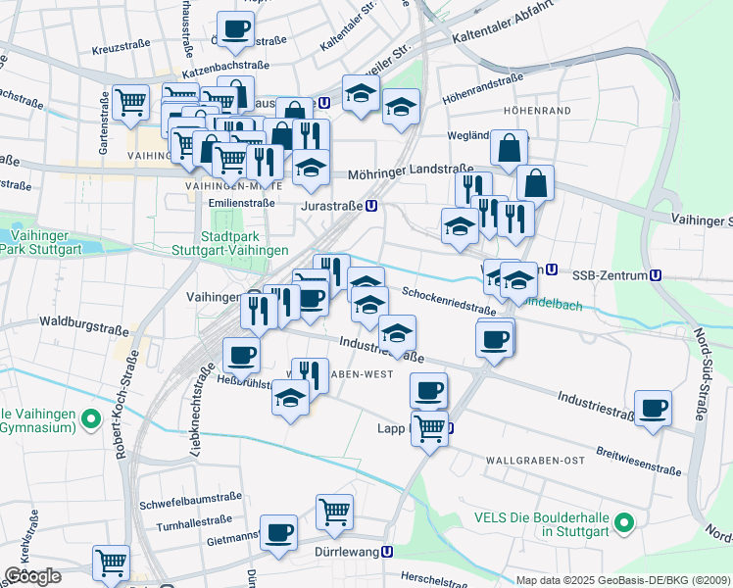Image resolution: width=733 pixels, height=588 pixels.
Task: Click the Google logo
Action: tap(32, 576)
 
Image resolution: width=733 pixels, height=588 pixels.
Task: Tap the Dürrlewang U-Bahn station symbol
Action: tap(389, 552)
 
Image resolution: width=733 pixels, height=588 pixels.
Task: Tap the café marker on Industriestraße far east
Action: tap(653, 409)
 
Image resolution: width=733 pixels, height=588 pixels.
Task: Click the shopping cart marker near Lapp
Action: tap(428, 429)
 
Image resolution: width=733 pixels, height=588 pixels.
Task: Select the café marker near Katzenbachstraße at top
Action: tap(234, 29)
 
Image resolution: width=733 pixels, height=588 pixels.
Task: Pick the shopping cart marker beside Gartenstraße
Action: tap(129, 102)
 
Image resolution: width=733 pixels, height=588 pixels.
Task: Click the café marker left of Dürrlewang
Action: tap(279, 533)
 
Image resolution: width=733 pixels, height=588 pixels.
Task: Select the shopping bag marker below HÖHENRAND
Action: tap(509, 150)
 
